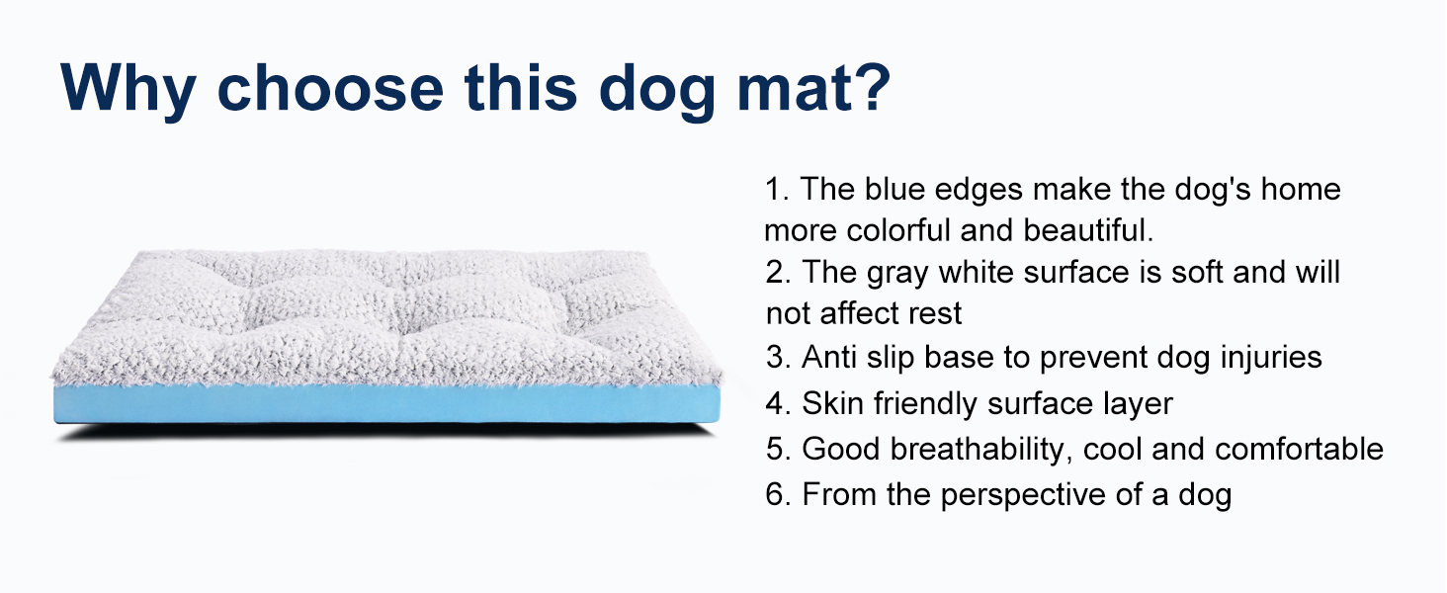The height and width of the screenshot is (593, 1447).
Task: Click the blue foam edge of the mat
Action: [385, 405]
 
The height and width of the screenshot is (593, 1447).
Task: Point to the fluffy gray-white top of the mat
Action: [385, 316]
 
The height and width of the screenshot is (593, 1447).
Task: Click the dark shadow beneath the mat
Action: [385, 432]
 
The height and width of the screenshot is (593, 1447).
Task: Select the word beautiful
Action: [1088, 230]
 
